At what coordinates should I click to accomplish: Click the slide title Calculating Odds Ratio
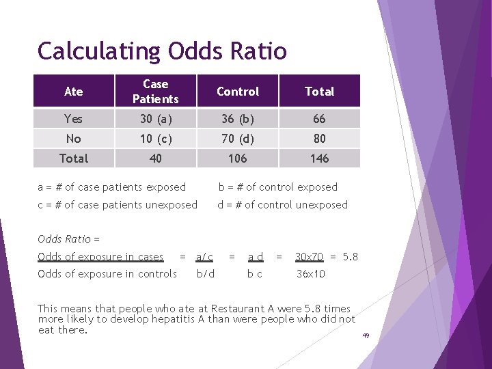click(162, 51)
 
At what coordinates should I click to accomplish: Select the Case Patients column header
click(155, 92)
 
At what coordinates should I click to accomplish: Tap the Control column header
click(237, 92)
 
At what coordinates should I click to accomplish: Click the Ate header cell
click(73, 92)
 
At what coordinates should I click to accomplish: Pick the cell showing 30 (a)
click(155, 119)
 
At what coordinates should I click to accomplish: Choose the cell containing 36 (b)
click(237, 119)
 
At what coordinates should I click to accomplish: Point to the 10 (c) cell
click(155, 139)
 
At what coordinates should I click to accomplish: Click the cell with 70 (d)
click(237, 139)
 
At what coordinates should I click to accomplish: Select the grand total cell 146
click(319, 159)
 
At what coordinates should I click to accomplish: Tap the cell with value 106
click(237, 159)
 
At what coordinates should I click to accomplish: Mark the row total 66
click(319, 119)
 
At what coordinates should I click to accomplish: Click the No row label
click(73, 139)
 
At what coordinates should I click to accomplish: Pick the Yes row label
click(73, 119)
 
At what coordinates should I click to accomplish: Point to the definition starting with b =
click(277, 187)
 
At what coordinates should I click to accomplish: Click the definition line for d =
click(282, 205)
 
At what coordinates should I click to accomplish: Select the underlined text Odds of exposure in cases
click(100, 257)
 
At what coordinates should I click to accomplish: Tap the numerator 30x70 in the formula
click(309, 257)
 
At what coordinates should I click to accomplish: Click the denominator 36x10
click(310, 274)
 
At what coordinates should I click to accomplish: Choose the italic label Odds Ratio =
click(68, 239)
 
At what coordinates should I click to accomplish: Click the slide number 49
click(366, 336)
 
